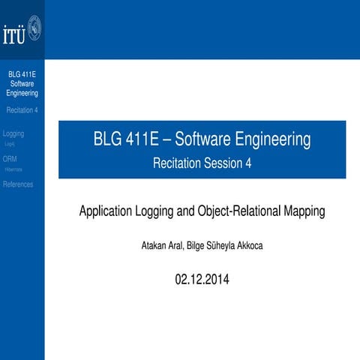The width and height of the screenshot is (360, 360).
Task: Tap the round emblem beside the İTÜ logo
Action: click(33, 31)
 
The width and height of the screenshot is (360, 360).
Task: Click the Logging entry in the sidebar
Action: click(13, 133)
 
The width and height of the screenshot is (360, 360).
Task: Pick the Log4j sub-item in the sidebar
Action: click(10, 143)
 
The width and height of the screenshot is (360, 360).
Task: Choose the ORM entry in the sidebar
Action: click(10, 159)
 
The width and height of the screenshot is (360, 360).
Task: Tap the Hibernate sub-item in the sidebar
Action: click(14, 169)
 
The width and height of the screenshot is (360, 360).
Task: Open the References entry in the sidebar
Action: click(19, 184)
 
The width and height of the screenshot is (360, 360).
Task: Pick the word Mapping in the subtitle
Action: click(304, 211)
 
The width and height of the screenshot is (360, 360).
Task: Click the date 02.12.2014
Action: click(202, 280)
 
